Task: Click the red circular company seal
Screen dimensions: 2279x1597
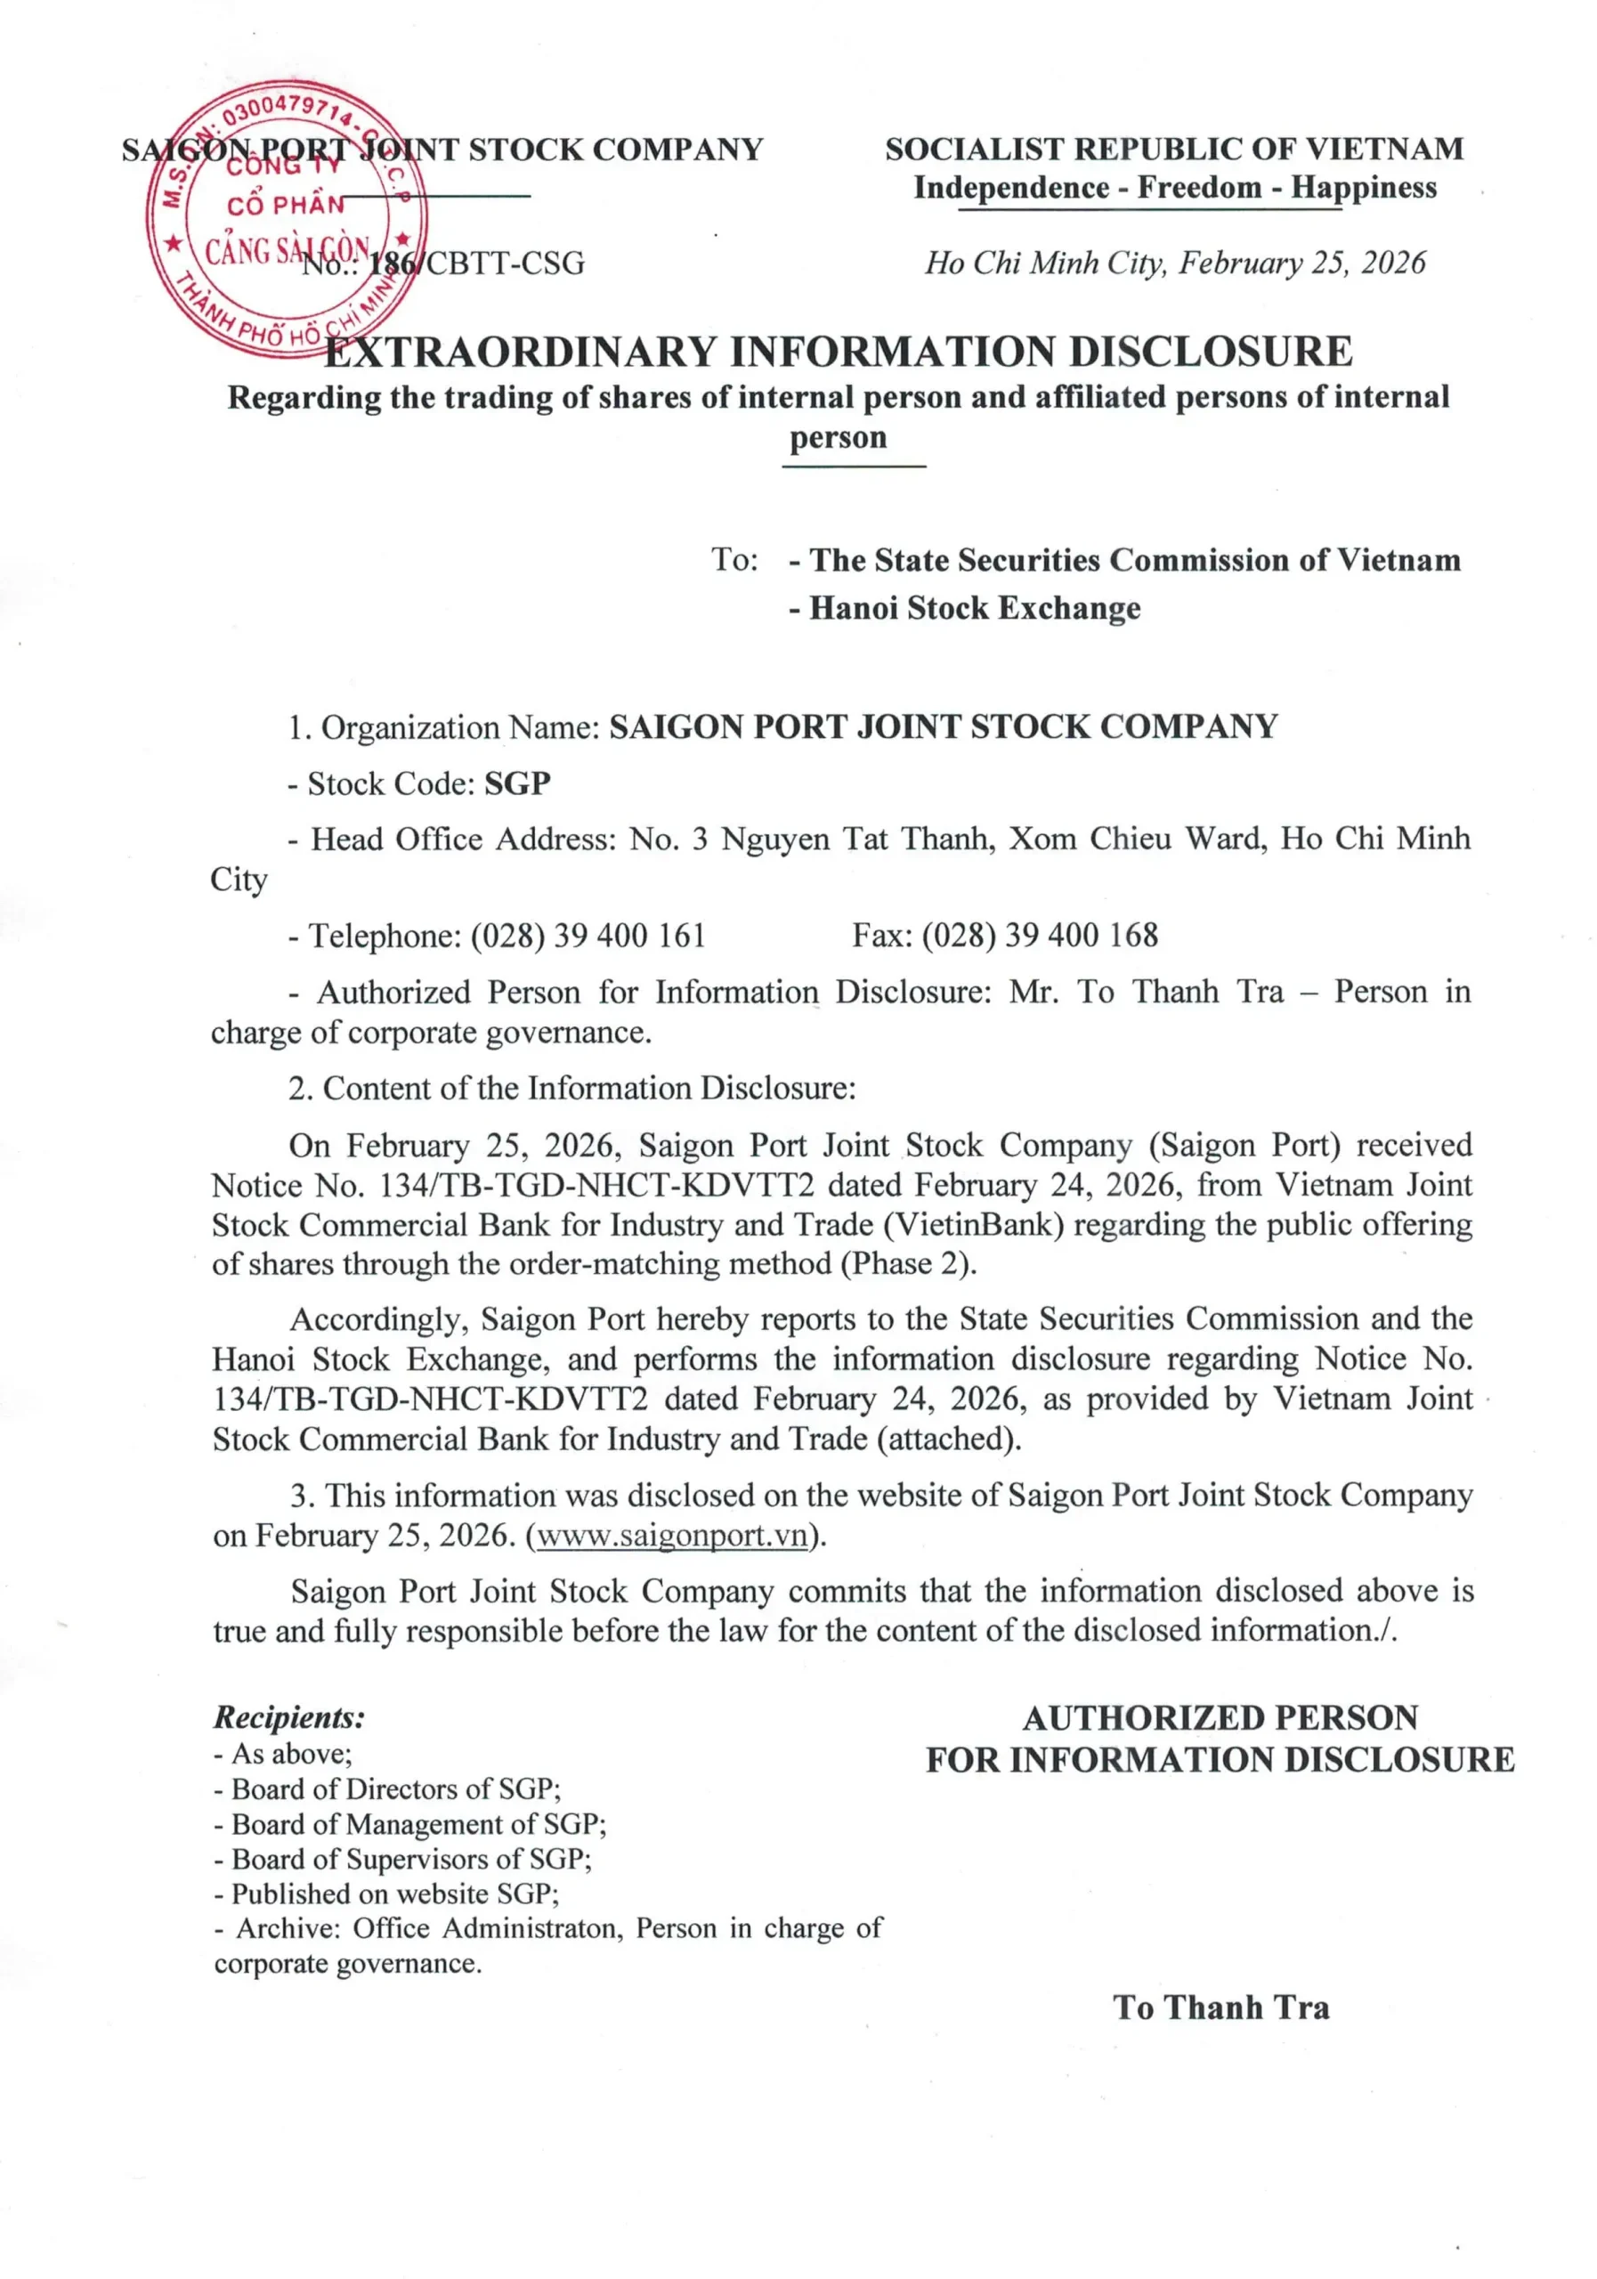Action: pyautogui.click(x=287, y=219)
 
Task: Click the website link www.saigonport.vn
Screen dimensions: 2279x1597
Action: pyautogui.click(x=672, y=1536)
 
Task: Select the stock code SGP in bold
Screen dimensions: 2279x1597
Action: pyautogui.click(x=517, y=783)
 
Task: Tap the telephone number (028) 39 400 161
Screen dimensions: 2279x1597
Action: pyautogui.click(x=588, y=935)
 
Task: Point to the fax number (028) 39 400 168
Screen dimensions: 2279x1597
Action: pyautogui.click(x=1039, y=935)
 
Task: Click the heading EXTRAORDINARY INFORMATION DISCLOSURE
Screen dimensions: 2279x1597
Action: pyautogui.click(x=839, y=353)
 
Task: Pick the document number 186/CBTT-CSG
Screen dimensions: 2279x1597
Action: pyautogui.click(x=476, y=264)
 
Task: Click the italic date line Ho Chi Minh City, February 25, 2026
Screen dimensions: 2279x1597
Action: pyautogui.click(x=1175, y=263)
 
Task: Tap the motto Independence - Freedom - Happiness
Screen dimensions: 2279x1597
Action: pyautogui.click(x=1175, y=188)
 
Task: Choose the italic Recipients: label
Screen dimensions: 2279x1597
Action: pyautogui.click(x=288, y=1717)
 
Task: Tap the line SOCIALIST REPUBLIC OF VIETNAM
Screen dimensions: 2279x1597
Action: pyautogui.click(x=1174, y=150)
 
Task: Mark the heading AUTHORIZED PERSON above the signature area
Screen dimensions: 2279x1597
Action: pyautogui.click(x=1220, y=1718)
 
